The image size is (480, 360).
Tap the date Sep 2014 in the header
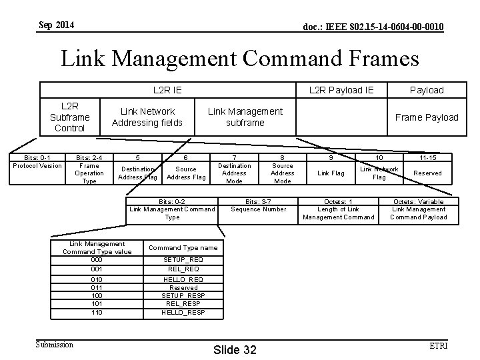[57, 25]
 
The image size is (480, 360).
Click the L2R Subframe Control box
[69, 117]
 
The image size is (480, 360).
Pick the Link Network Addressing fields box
[147, 117]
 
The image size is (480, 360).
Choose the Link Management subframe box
[245, 117]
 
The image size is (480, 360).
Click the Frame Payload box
[426, 117]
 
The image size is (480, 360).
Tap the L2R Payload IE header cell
[341, 90]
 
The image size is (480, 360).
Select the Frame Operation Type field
[89, 173]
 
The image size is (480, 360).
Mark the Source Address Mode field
[283, 173]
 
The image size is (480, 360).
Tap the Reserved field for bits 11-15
[427, 173]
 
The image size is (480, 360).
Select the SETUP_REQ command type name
[183, 259]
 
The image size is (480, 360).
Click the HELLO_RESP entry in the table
[183, 312]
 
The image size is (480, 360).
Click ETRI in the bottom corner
[438, 345]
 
